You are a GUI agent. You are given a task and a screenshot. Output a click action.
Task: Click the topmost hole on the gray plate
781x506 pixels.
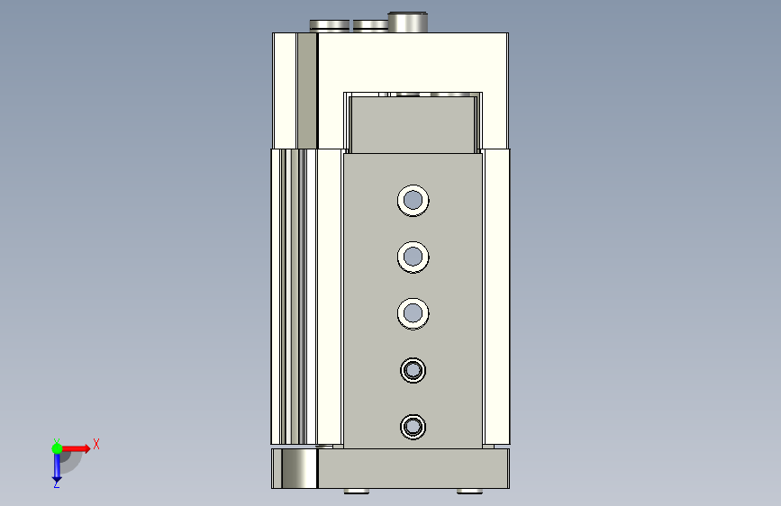click(x=413, y=200)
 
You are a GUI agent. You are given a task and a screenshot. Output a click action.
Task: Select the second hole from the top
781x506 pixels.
click(x=413, y=257)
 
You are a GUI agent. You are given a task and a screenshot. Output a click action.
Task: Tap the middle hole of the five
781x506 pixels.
click(x=413, y=313)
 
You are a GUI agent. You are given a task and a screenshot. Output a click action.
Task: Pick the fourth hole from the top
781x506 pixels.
click(x=413, y=370)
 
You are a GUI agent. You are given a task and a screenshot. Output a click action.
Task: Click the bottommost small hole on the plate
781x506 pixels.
click(x=413, y=427)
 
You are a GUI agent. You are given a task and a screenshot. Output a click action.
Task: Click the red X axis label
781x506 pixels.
click(x=96, y=444)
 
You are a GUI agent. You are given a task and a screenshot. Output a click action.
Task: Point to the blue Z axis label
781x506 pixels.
click(x=56, y=483)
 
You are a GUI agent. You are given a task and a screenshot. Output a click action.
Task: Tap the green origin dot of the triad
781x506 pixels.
click(x=57, y=448)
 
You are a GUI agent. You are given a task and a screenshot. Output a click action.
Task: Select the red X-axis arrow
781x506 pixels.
click(x=74, y=448)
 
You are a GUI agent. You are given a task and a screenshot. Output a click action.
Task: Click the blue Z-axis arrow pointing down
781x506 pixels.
click(x=57, y=466)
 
